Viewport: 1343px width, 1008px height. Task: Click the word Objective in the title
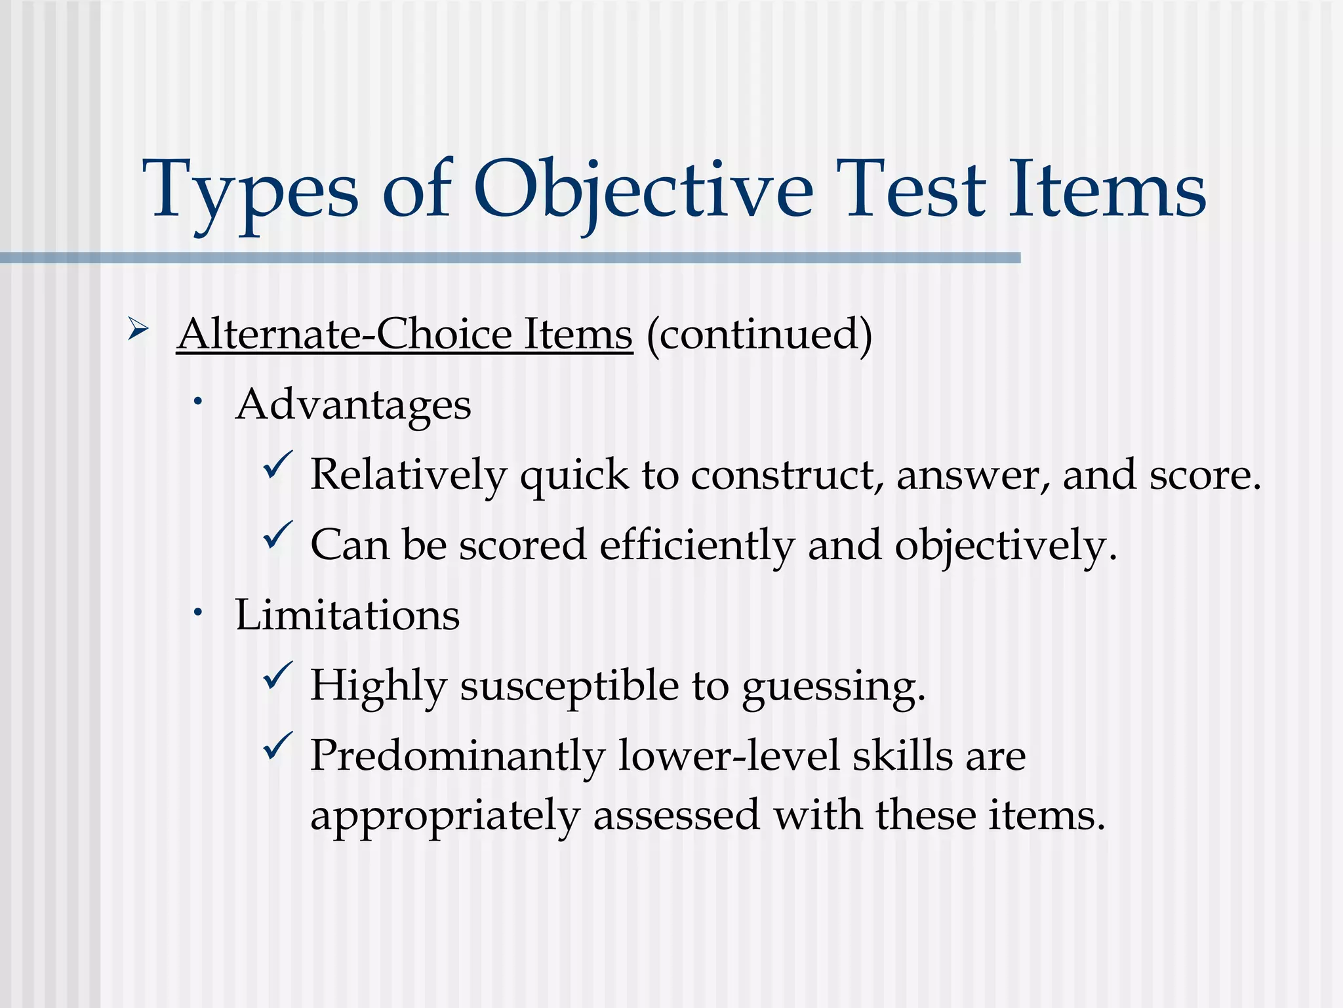[x=643, y=190]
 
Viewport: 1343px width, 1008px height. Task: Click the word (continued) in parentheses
[x=759, y=334]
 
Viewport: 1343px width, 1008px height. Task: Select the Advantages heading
[x=353, y=404]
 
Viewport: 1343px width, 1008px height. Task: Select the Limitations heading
[x=347, y=615]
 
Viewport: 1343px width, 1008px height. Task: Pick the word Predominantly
[x=457, y=756]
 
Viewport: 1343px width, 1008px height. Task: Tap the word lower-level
[x=729, y=756]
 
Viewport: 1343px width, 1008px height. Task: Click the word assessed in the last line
[x=676, y=816]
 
